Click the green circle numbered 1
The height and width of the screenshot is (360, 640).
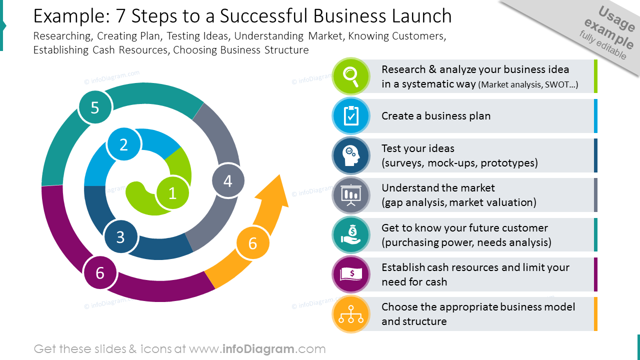(x=172, y=193)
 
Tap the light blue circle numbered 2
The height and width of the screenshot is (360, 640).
(x=123, y=144)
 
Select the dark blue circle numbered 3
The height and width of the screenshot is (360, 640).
(x=120, y=237)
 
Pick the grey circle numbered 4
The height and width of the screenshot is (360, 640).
(x=228, y=181)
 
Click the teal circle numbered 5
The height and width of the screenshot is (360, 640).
(x=95, y=107)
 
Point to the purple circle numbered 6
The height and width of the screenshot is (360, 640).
(x=100, y=272)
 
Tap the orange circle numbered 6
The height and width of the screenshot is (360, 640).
(x=252, y=243)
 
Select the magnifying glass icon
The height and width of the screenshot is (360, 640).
(x=351, y=76)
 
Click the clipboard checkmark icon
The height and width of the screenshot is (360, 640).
(x=351, y=115)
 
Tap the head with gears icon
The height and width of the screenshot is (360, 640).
(x=351, y=155)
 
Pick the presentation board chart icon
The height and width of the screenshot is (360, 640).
(x=351, y=195)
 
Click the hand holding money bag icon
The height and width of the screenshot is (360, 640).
(x=351, y=234)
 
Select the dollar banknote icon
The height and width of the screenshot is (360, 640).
(x=351, y=274)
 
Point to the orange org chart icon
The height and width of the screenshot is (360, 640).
(x=351, y=314)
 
